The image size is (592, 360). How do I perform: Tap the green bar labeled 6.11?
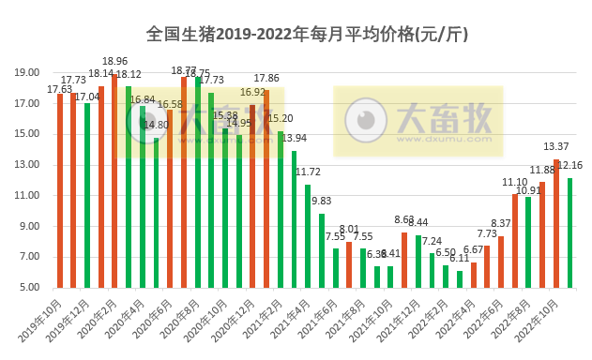tap(460, 278)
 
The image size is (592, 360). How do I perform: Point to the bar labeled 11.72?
tap(308, 235)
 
